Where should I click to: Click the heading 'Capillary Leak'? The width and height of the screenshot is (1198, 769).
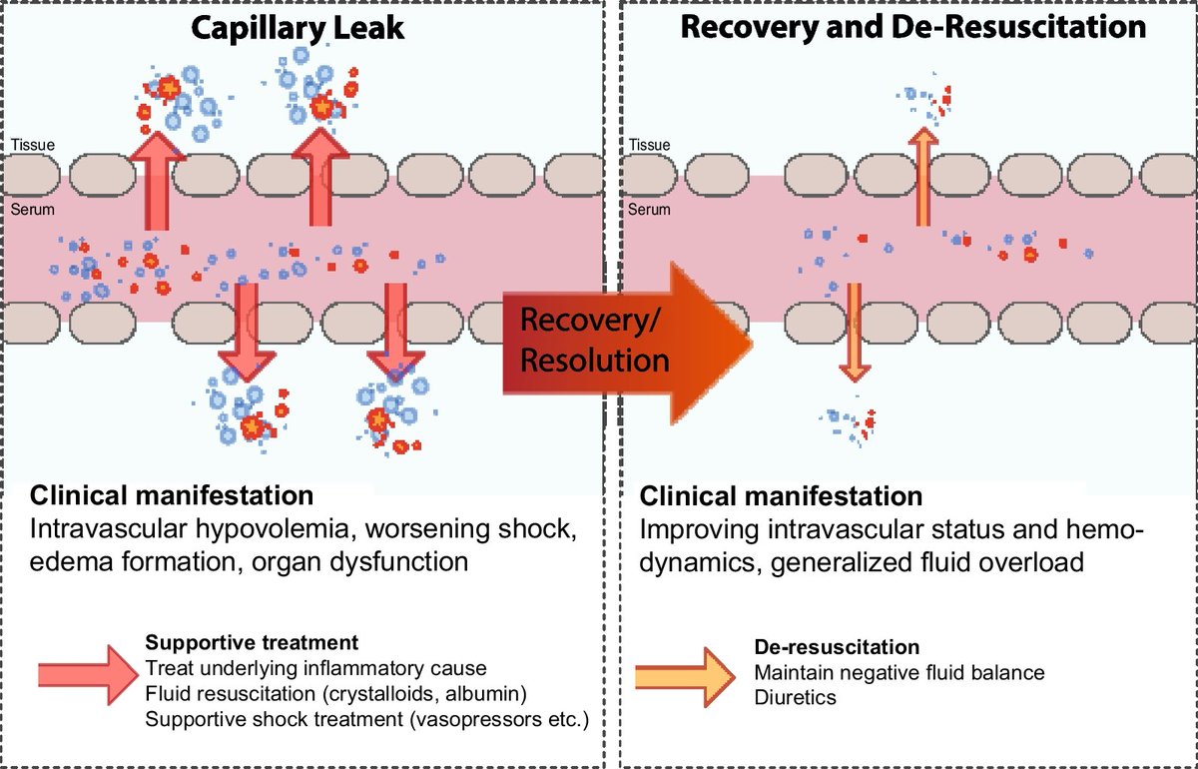coord(298,27)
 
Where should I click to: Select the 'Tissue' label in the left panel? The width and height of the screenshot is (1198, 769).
coord(33,145)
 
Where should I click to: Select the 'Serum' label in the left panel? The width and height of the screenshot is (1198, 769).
coord(32,210)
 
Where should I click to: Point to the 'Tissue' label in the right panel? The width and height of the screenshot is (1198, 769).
coord(649,145)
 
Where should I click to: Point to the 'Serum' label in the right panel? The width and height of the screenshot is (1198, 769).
coord(649,210)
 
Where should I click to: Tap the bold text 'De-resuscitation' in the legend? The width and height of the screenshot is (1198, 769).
coord(837,647)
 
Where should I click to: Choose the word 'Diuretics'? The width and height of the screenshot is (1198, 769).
coord(796,697)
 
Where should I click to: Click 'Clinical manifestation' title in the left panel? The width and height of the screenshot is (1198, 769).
coord(172,495)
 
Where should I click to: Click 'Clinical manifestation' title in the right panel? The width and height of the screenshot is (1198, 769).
coord(781,496)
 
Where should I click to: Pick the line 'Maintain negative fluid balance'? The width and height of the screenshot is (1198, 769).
coord(899,672)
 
